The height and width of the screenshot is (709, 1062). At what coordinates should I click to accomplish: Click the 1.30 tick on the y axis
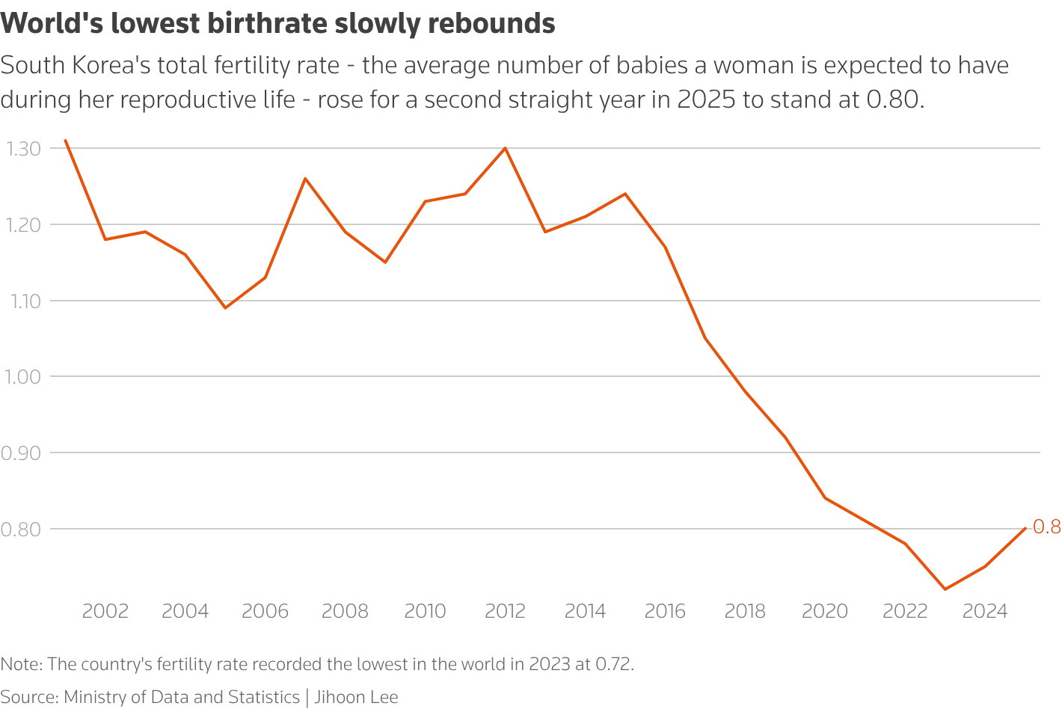(x=23, y=149)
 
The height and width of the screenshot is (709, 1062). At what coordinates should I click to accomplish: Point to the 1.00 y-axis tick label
(x=23, y=377)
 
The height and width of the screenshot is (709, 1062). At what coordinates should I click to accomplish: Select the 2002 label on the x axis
(x=105, y=612)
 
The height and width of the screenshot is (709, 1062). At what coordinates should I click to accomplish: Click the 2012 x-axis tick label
(x=505, y=612)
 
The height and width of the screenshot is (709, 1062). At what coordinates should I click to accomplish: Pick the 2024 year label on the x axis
(x=985, y=612)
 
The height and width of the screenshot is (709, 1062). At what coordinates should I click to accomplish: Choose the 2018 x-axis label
(x=745, y=612)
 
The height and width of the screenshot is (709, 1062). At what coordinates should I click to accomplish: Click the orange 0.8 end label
(x=1046, y=527)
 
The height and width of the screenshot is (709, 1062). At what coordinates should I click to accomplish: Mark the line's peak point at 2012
(x=505, y=148)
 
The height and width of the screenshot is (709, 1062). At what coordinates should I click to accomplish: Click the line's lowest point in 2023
(x=945, y=589)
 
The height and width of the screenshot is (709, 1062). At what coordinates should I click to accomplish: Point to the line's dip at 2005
(x=225, y=308)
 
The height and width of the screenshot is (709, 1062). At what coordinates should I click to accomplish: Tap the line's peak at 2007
(x=305, y=178)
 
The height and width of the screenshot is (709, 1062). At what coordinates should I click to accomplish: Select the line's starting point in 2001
(x=65, y=140)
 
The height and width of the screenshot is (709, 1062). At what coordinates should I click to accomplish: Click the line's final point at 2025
(x=1025, y=528)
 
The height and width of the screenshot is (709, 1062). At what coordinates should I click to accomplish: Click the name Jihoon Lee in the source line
(x=356, y=697)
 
